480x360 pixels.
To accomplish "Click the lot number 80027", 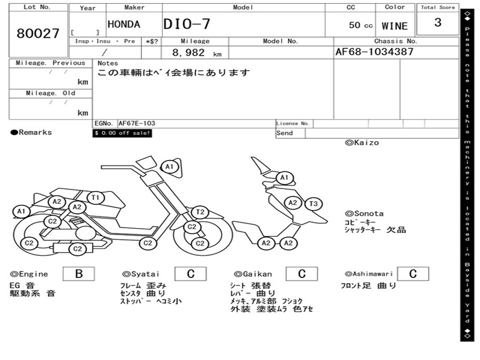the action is tap(38, 34).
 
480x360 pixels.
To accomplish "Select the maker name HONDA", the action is tap(124, 24).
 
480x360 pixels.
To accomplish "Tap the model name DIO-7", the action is tap(187, 24).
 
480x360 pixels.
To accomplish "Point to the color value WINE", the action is tap(395, 26).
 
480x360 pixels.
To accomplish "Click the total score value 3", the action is tap(438, 23).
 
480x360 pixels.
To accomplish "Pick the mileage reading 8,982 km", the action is tap(197, 53).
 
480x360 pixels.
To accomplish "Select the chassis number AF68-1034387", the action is tap(375, 52).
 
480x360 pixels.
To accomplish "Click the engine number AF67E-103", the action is tap(136, 124).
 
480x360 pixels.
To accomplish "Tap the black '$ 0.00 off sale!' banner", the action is tap(122, 133).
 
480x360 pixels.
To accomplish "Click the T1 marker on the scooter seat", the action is tap(96, 198).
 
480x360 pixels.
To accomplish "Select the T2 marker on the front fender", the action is tap(200, 212).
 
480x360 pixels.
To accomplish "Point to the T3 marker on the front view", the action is tap(314, 203).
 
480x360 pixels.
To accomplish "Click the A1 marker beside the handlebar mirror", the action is tap(169, 166).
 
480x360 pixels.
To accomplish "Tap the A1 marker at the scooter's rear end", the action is tap(21, 211).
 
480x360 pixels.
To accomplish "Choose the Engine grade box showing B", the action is tap(79, 274).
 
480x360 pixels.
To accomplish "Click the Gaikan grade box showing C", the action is tap(302, 274).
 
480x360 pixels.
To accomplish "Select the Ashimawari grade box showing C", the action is tap(412, 274).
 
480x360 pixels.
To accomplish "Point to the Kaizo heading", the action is tap(362, 142).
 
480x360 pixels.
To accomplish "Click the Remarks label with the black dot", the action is tap(31, 133).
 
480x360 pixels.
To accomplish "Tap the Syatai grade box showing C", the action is tap(191, 274).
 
